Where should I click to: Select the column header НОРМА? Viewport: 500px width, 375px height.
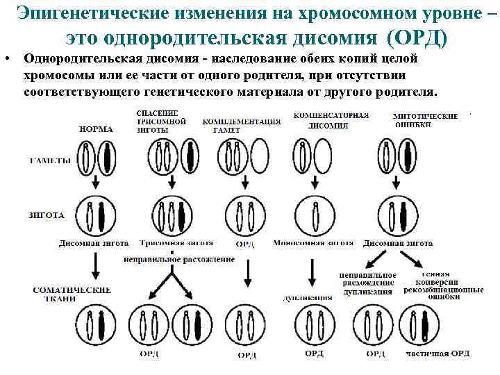(97, 128)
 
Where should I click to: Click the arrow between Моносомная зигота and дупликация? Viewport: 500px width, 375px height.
(312, 272)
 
